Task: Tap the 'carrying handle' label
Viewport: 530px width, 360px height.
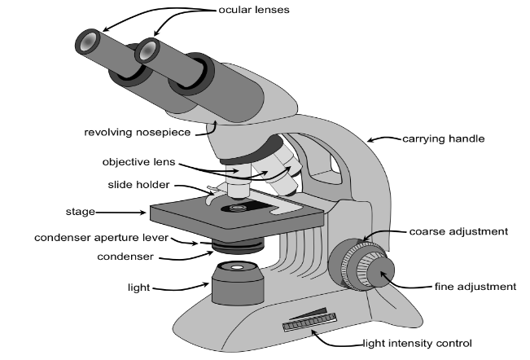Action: pyautogui.click(x=444, y=138)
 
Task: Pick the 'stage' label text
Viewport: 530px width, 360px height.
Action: pyautogui.click(x=80, y=212)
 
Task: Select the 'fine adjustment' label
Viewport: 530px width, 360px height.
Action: pyautogui.click(x=475, y=286)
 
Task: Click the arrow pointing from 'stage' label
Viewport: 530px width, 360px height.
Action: pyautogui.click(x=123, y=213)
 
